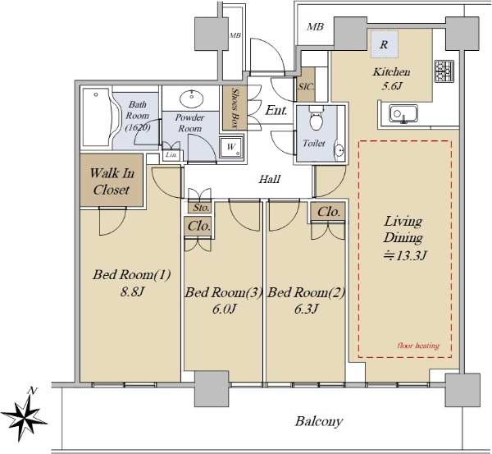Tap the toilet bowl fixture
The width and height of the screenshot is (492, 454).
click(x=316, y=118)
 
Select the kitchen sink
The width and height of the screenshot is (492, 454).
click(x=403, y=114)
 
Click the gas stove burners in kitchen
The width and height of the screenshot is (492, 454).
click(x=444, y=71)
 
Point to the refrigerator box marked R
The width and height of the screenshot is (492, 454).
click(x=385, y=44)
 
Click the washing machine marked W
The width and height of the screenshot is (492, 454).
click(x=231, y=147)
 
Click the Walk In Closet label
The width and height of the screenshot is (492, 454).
click(x=112, y=181)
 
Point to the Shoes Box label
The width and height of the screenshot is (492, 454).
click(x=235, y=108)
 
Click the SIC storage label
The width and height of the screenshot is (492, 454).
click(x=306, y=86)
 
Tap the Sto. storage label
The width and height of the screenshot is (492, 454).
click(x=201, y=208)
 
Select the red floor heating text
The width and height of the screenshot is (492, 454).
click(x=418, y=346)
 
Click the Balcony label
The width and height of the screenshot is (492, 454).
click(x=319, y=421)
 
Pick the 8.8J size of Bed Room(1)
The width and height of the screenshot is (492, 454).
click(x=132, y=292)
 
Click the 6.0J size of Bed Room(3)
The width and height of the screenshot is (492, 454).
click(x=224, y=310)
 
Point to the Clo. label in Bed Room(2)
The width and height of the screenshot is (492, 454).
click(x=329, y=212)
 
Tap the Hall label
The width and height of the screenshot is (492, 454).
click(x=269, y=179)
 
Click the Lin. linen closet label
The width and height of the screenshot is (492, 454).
click(x=171, y=154)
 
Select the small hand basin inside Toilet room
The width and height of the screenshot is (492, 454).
click(x=339, y=150)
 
